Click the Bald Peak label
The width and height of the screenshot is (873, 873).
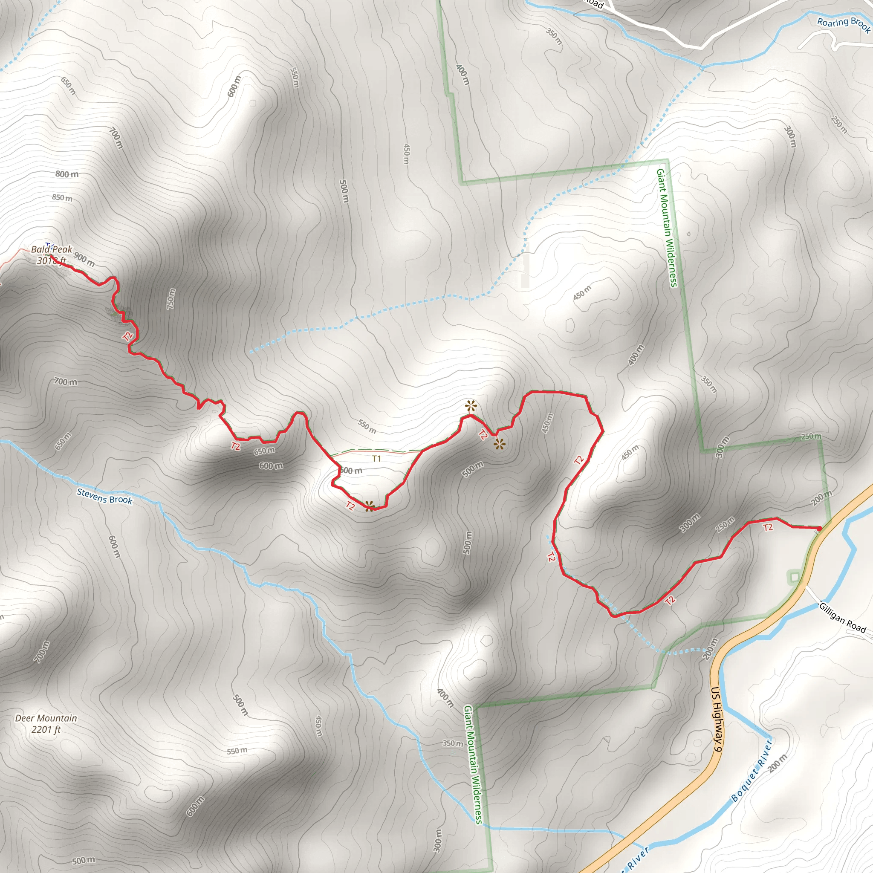coord(52,249)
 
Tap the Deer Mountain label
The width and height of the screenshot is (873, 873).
coord(46,718)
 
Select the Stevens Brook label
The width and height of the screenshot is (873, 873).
coord(104,496)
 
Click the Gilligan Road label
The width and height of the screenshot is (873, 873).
coord(842,618)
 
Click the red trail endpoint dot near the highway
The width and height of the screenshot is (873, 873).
coord(819,528)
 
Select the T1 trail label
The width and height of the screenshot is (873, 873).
coord(376,459)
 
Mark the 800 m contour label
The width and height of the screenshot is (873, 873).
coord(67,174)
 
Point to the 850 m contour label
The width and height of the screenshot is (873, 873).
coord(62,197)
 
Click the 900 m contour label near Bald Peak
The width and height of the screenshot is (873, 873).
coord(84,259)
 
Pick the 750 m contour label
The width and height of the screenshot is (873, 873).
coord(171,299)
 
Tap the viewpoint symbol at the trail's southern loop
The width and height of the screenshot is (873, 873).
coord(369,506)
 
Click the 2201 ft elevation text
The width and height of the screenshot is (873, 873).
coord(46,729)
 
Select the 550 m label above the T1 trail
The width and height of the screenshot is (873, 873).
coord(367,426)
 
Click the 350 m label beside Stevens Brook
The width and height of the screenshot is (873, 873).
coord(452,743)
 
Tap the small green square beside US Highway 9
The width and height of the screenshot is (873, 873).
coord(795,577)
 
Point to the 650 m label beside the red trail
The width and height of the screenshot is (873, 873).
coord(264,451)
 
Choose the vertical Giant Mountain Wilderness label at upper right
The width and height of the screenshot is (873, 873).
coord(667,228)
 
